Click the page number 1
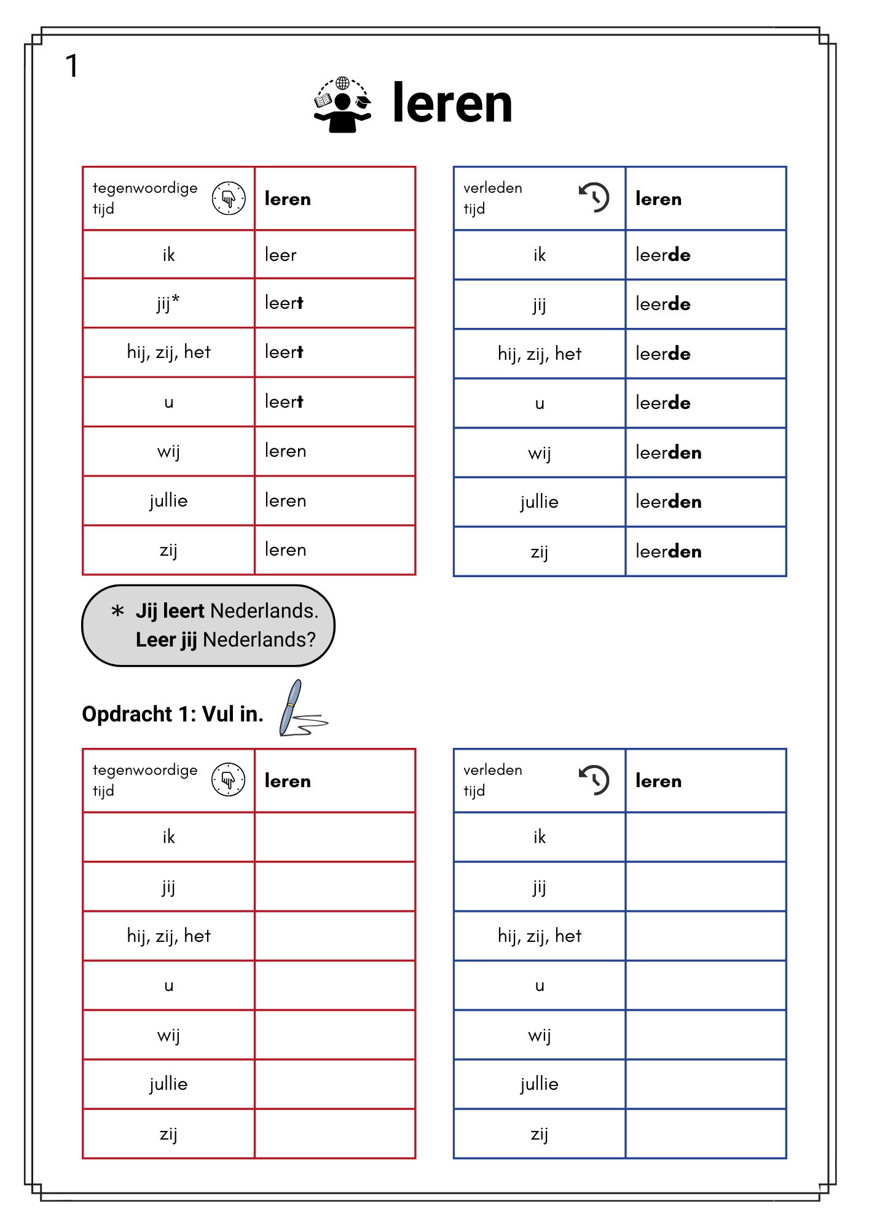pos(72,66)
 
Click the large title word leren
pos(452,104)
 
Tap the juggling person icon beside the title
pos(342,105)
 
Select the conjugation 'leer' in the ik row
pos(281,255)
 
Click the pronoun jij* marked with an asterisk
pos(168,303)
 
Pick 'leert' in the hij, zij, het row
pos(284,352)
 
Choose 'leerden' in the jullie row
pos(668,502)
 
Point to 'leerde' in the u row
pos(663,403)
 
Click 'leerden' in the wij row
pos(668,453)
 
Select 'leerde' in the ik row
pos(663,255)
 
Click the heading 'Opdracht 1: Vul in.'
pos(173,714)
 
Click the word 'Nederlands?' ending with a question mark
pos(259,640)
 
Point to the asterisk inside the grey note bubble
pos(117,611)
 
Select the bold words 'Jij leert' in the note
pos(170,611)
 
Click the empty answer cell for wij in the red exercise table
pos(335,1035)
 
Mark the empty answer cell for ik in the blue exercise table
pos(706,837)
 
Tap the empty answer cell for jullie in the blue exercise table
pos(706,1084)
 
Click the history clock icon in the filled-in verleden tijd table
pos(594,198)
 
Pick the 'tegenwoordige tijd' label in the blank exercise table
pos(145,780)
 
